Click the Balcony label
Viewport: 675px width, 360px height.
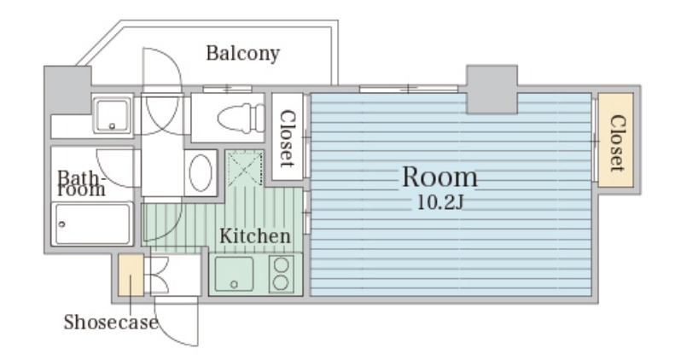pyautogui.click(x=243, y=54)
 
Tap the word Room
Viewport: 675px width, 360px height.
pyautogui.click(x=439, y=177)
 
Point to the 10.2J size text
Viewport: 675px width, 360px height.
pyautogui.click(x=440, y=202)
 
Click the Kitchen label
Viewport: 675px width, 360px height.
pyautogui.click(x=255, y=236)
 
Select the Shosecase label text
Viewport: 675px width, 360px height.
pyautogui.click(x=111, y=322)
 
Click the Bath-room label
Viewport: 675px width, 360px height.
pyautogui.click(x=81, y=183)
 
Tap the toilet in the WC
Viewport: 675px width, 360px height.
pyautogui.click(x=241, y=118)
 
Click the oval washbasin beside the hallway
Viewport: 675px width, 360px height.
pyautogui.click(x=201, y=173)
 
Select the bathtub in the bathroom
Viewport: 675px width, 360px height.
pyautogui.click(x=91, y=224)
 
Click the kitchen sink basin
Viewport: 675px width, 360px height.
pyautogui.click(x=234, y=274)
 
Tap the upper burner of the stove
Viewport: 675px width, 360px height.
pyautogui.click(x=281, y=265)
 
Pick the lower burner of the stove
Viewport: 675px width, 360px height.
pyautogui.click(x=281, y=282)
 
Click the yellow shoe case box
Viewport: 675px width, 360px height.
pyautogui.click(x=131, y=275)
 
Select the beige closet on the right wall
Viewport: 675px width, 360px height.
pyautogui.click(x=615, y=140)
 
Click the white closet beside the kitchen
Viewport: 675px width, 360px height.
pyautogui.click(x=287, y=136)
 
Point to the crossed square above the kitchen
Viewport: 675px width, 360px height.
pyautogui.click(x=245, y=168)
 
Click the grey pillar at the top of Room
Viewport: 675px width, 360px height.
pyautogui.click(x=492, y=90)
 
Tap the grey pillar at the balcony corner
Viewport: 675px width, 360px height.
pyautogui.click(x=67, y=90)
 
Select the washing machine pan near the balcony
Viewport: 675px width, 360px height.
pyautogui.click(x=112, y=115)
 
